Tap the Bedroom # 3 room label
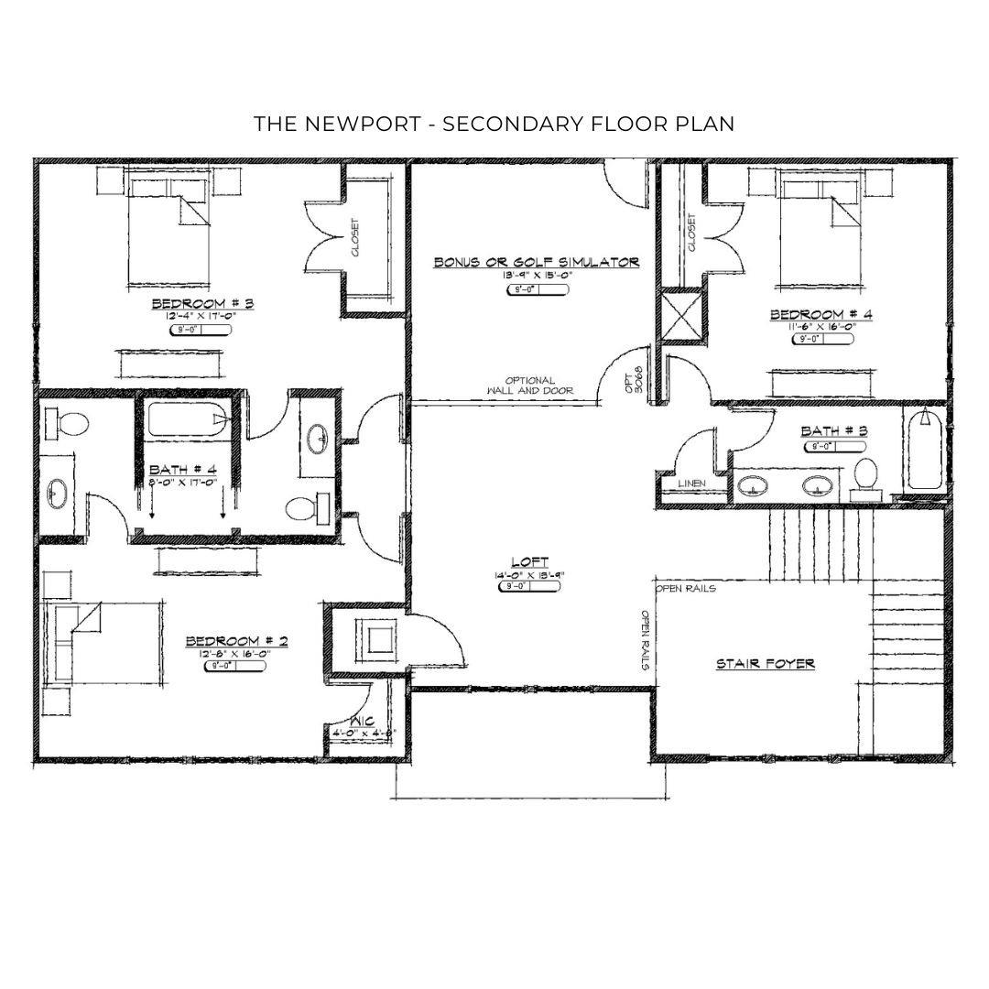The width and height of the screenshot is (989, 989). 202,304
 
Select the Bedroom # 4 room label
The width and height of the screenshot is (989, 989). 821,315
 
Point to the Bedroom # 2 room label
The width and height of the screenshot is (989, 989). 236,641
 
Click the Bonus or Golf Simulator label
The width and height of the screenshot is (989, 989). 536,262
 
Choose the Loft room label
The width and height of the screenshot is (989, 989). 531,562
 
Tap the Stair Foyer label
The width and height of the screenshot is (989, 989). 765,664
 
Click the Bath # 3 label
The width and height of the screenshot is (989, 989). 834,430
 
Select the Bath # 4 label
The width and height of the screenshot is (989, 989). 183,471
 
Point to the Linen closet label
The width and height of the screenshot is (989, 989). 690,483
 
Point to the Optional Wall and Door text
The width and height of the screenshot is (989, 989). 530,386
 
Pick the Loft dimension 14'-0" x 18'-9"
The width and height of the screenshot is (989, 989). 531,576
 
